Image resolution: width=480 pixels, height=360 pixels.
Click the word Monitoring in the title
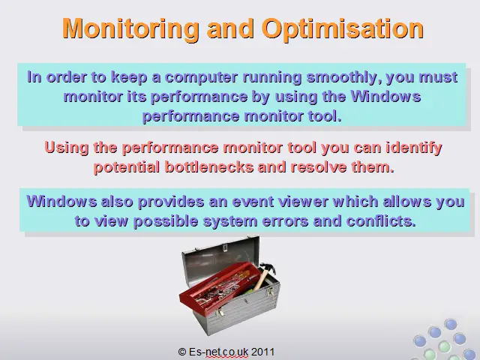tap(130, 28)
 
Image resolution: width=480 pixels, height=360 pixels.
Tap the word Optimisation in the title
tap(343, 29)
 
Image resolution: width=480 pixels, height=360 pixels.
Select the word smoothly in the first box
tap(344, 77)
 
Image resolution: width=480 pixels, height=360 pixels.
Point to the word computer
tap(201, 78)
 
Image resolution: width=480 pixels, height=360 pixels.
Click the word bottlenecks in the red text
tap(209, 166)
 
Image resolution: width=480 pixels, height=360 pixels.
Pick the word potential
tap(127, 167)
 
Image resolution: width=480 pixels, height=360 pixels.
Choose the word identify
tap(413, 148)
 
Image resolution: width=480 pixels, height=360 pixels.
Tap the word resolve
tap(319, 166)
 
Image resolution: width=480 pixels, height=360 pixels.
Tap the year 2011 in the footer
tap(262, 352)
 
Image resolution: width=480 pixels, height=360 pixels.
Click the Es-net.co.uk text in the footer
tap(218, 352)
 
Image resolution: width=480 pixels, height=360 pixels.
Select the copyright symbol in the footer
tap(182, 352)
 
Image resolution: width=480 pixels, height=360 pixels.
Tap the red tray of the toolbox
tap(219, 286)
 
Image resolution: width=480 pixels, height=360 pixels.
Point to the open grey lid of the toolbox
tap(220, 254)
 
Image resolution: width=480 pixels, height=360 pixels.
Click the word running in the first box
tap(271, 78)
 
